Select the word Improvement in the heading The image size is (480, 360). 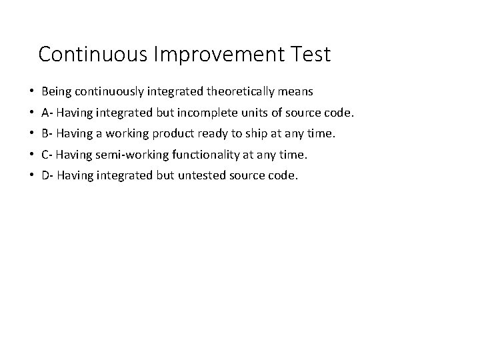coord(211,54)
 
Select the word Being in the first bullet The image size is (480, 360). coord(55,91)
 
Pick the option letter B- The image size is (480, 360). coord(47,133)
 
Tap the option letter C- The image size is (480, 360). coord(47,155)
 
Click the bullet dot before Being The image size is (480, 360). coord(32,91)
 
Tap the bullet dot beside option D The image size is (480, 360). coord(32,176)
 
